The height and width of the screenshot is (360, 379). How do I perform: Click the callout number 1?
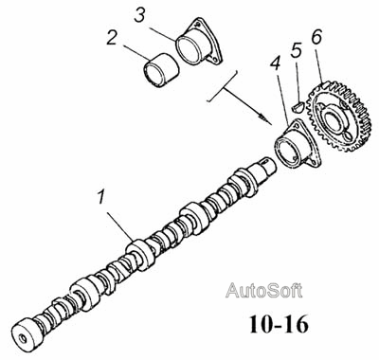click(100, 197)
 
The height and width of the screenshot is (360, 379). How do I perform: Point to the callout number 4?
click(275, 64)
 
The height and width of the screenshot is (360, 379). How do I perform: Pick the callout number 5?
click(296, 50)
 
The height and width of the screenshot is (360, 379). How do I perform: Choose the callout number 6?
click(316, 36)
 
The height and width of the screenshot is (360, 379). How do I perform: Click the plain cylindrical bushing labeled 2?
click(161, 70)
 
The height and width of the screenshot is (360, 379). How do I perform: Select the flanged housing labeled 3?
click(199, 42)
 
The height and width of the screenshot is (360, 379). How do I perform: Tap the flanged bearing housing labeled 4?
click(298, 145)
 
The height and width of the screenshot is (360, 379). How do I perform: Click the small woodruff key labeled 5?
click(298, 106)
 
